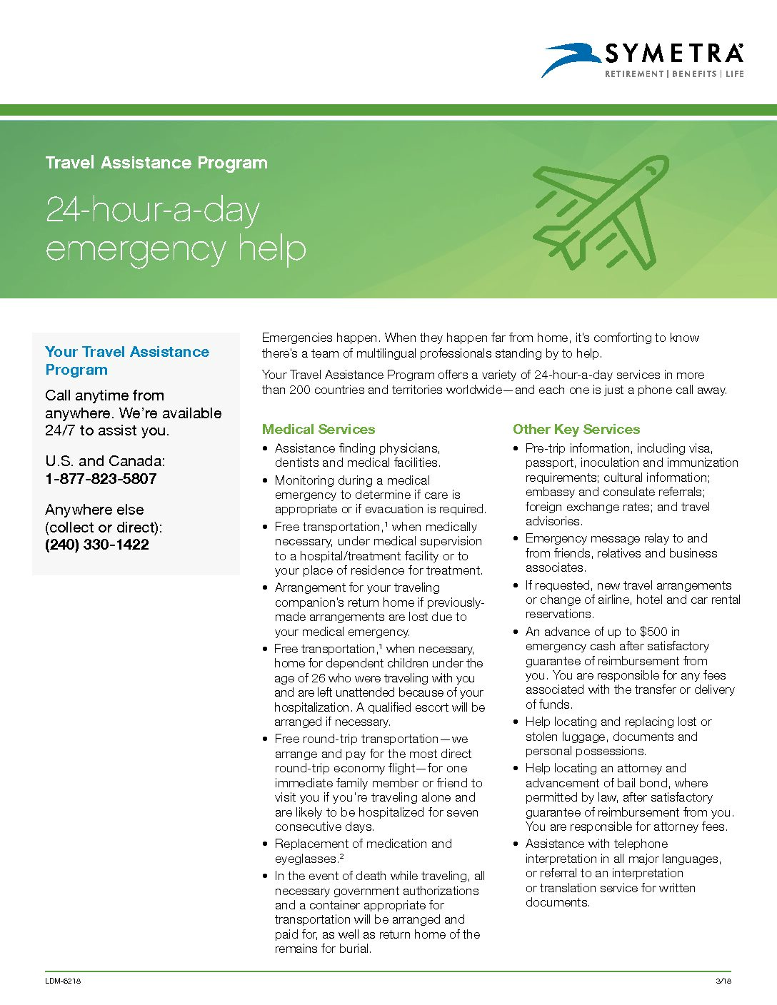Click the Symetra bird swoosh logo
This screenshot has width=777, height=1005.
[571, 58]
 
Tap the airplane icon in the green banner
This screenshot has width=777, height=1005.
[602, 212]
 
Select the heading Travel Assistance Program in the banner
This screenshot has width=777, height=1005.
[156, 163]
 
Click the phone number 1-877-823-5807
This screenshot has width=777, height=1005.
[101, 479]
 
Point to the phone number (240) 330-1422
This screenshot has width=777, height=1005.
[97, 545]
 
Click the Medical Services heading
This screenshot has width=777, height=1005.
[319, 429]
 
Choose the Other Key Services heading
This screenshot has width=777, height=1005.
[576, 429]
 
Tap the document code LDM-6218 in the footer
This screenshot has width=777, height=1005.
[63, 981]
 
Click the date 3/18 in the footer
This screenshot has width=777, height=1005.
[723, 981]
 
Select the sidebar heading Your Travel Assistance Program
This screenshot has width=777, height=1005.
[127, 360]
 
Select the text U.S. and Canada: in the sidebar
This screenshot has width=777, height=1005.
[105, 461]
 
